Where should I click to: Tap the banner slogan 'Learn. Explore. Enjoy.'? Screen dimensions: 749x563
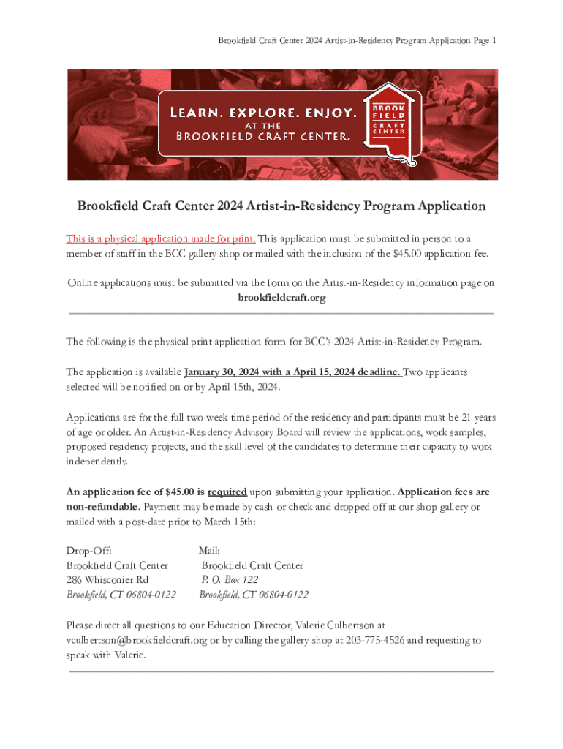pos(264,113)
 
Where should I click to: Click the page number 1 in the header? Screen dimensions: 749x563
pos(494,41)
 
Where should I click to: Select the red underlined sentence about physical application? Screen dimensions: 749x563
pos(160,238)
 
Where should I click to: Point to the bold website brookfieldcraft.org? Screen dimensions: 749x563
pos(281,298)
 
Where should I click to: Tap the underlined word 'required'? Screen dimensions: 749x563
pos(227,492)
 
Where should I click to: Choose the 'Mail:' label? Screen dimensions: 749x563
pos(209,550)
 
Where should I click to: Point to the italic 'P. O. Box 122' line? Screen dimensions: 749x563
pos(230,580)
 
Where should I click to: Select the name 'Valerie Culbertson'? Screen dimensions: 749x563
pos(335,625)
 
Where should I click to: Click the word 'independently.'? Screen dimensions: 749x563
pos(97,462)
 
